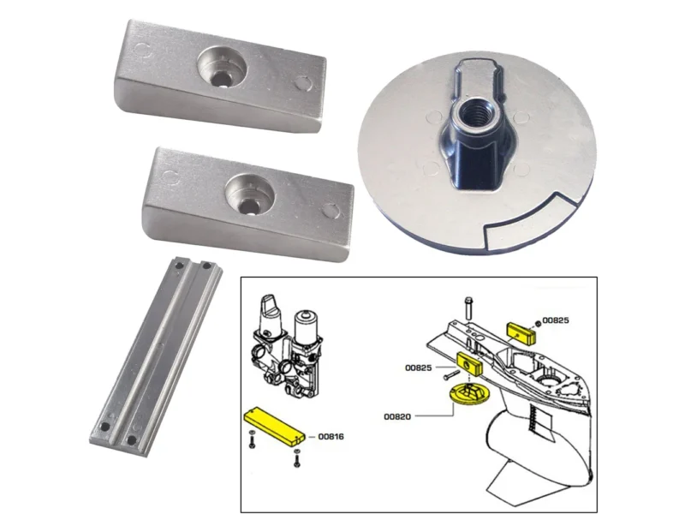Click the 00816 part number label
click(x=331, y=437)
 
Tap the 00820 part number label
click(x=397, y=416)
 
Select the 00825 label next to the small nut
click(x=556, y=320)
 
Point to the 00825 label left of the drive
click(x=418, y=368)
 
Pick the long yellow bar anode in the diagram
click(x=274, y=426)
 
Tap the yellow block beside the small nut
click(x=521, y=333)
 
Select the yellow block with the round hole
click(x=470, y=363)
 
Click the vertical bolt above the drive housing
click(x=468, y=308)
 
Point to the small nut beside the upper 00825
click(x=538, y=323)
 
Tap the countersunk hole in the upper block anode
click(x=222, y=69)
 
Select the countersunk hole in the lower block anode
click(x=249, y=195)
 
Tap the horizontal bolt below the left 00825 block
click(x=452, y=375)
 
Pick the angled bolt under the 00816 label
click(x=297, y=458)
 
